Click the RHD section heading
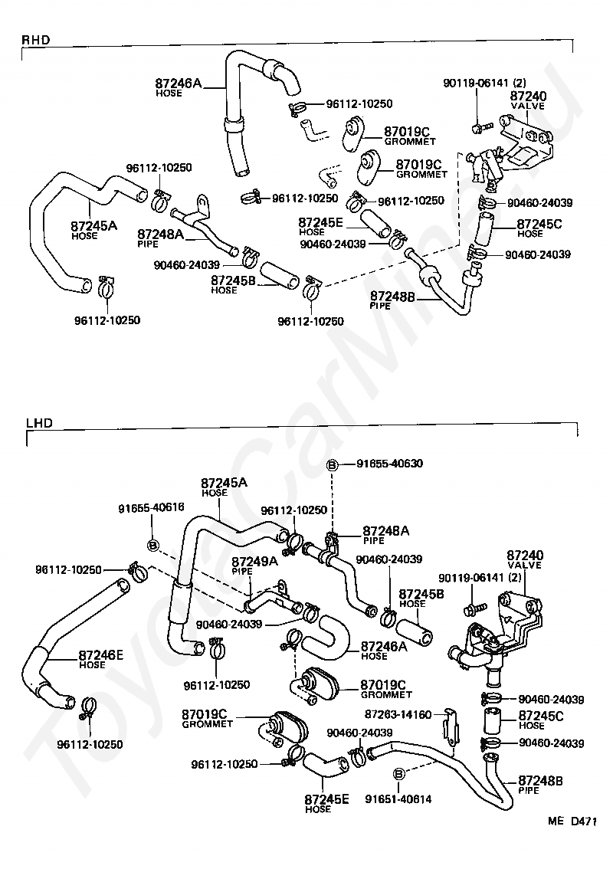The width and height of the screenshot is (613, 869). click(35, 40)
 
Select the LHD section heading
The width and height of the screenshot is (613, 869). click(40, 423)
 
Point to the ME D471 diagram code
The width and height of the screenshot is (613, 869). click(572, 821)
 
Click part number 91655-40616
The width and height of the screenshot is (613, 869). click(151, 507)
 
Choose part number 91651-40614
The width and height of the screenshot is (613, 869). click(398, 798)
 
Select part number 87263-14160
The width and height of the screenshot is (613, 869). click(398, 714)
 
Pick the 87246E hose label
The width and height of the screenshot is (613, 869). click(100, 659)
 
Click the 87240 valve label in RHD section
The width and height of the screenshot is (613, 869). click(528, 100)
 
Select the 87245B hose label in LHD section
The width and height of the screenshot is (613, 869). click(421, 598)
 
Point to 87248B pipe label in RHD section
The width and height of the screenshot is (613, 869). click(392, 300)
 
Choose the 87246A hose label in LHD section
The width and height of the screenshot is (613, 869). click(384, 650)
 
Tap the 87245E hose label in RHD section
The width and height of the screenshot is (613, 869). click(321, 226)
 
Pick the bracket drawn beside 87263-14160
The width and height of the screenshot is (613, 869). click(450, 726)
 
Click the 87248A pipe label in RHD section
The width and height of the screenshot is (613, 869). click(160, 238)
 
